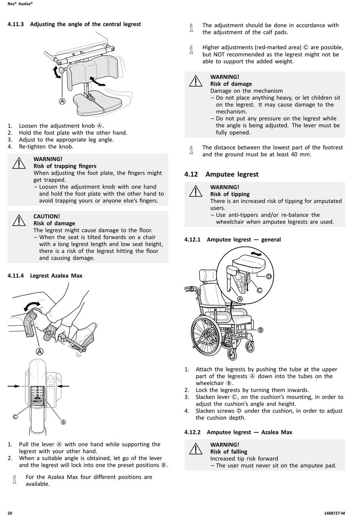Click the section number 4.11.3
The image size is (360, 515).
coord(16,24)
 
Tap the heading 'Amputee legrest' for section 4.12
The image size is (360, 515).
coord(232,174)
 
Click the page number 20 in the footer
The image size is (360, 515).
coord(10,513)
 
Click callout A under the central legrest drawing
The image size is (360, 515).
coord(62,101)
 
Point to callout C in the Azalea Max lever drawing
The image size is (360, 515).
coord(16,417)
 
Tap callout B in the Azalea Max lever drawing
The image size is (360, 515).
coord(63,422)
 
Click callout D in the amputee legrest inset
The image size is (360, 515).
coord(269,276)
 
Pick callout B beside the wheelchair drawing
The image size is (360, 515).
coord(260,330)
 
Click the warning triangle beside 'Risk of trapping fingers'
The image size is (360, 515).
coord(19,163)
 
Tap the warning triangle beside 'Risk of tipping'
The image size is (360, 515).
coord(196,191)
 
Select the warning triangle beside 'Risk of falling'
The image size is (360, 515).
coord(196,448)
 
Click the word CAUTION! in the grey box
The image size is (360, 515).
coord(47,216)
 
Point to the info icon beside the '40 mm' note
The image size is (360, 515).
coord(191,150)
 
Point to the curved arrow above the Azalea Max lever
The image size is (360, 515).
coord(31,305)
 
